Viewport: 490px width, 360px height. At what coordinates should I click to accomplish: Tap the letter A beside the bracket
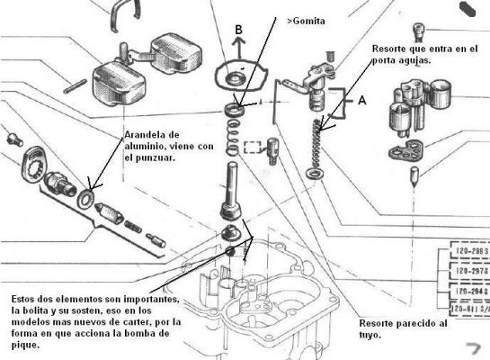point(362,103)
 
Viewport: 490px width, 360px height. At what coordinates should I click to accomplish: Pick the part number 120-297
point(467,272)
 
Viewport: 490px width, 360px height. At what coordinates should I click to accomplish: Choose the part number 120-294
point(467,291)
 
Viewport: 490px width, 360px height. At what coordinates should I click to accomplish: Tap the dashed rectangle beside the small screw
point(254,148)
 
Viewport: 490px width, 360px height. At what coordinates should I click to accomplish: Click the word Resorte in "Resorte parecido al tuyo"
point(379,322)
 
